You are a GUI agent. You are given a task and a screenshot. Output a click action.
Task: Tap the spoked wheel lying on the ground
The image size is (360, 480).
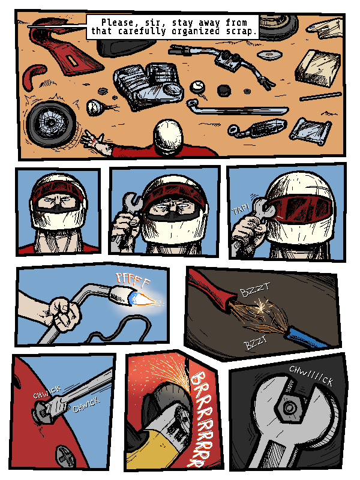(x=51, y=124)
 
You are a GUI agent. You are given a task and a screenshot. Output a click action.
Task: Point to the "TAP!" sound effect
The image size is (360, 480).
(x=241, y=210)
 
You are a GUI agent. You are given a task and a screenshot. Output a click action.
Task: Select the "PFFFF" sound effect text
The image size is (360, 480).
(x=133, y=279)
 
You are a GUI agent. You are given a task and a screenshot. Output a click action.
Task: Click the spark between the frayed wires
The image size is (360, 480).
(x=261, y=307)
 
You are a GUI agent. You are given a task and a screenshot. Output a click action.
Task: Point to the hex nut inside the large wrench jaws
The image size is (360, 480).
(x=289, y=407)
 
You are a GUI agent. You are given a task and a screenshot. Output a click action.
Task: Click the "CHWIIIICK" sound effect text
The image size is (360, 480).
(x=311, y=376)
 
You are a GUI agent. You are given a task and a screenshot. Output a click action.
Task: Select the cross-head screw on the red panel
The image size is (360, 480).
(x=65, y=456)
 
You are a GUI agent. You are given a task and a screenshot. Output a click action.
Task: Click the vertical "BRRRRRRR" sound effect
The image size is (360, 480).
(x=202, y=419)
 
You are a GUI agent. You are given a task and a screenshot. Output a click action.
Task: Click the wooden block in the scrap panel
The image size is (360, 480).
(x=319, y=68)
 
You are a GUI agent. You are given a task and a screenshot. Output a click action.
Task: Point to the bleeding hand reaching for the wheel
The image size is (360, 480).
(x=95, y=143)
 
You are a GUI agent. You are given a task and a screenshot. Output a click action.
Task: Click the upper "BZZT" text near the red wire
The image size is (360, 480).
(x=255, y=290)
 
